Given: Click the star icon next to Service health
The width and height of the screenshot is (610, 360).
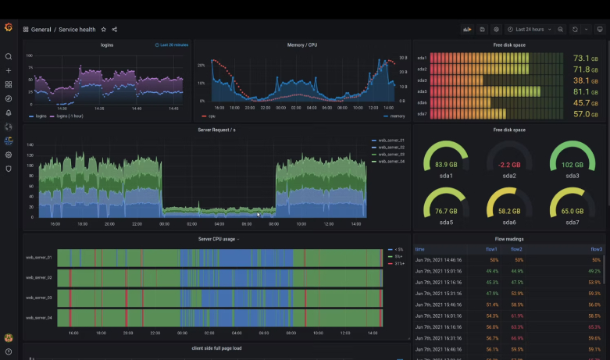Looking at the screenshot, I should point(103,30).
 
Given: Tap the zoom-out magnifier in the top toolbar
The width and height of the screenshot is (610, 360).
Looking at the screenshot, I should point(560,30).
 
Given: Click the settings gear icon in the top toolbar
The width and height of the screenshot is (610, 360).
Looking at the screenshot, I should point(496,30).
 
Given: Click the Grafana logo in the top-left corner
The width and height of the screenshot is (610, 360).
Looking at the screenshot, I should point(9,28).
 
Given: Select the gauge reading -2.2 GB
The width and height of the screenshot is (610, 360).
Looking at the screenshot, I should point(509,165).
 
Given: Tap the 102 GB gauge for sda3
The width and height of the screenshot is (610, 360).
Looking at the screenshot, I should point(573,165).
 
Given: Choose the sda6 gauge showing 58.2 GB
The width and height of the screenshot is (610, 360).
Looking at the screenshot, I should point(509,211).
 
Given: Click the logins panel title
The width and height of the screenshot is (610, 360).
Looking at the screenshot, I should point(107,45).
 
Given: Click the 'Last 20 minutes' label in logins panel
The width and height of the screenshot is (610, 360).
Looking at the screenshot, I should point(172,45).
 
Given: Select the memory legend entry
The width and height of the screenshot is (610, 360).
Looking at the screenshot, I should point(397,116).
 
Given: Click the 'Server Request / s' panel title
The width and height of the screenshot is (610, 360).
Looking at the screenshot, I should point(217,130).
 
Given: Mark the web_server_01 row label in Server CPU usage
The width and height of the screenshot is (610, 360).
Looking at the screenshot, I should point(39,257).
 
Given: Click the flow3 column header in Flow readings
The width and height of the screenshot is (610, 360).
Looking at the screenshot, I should point(596,249).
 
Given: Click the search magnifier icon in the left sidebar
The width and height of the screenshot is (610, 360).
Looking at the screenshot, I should point(9,56).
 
